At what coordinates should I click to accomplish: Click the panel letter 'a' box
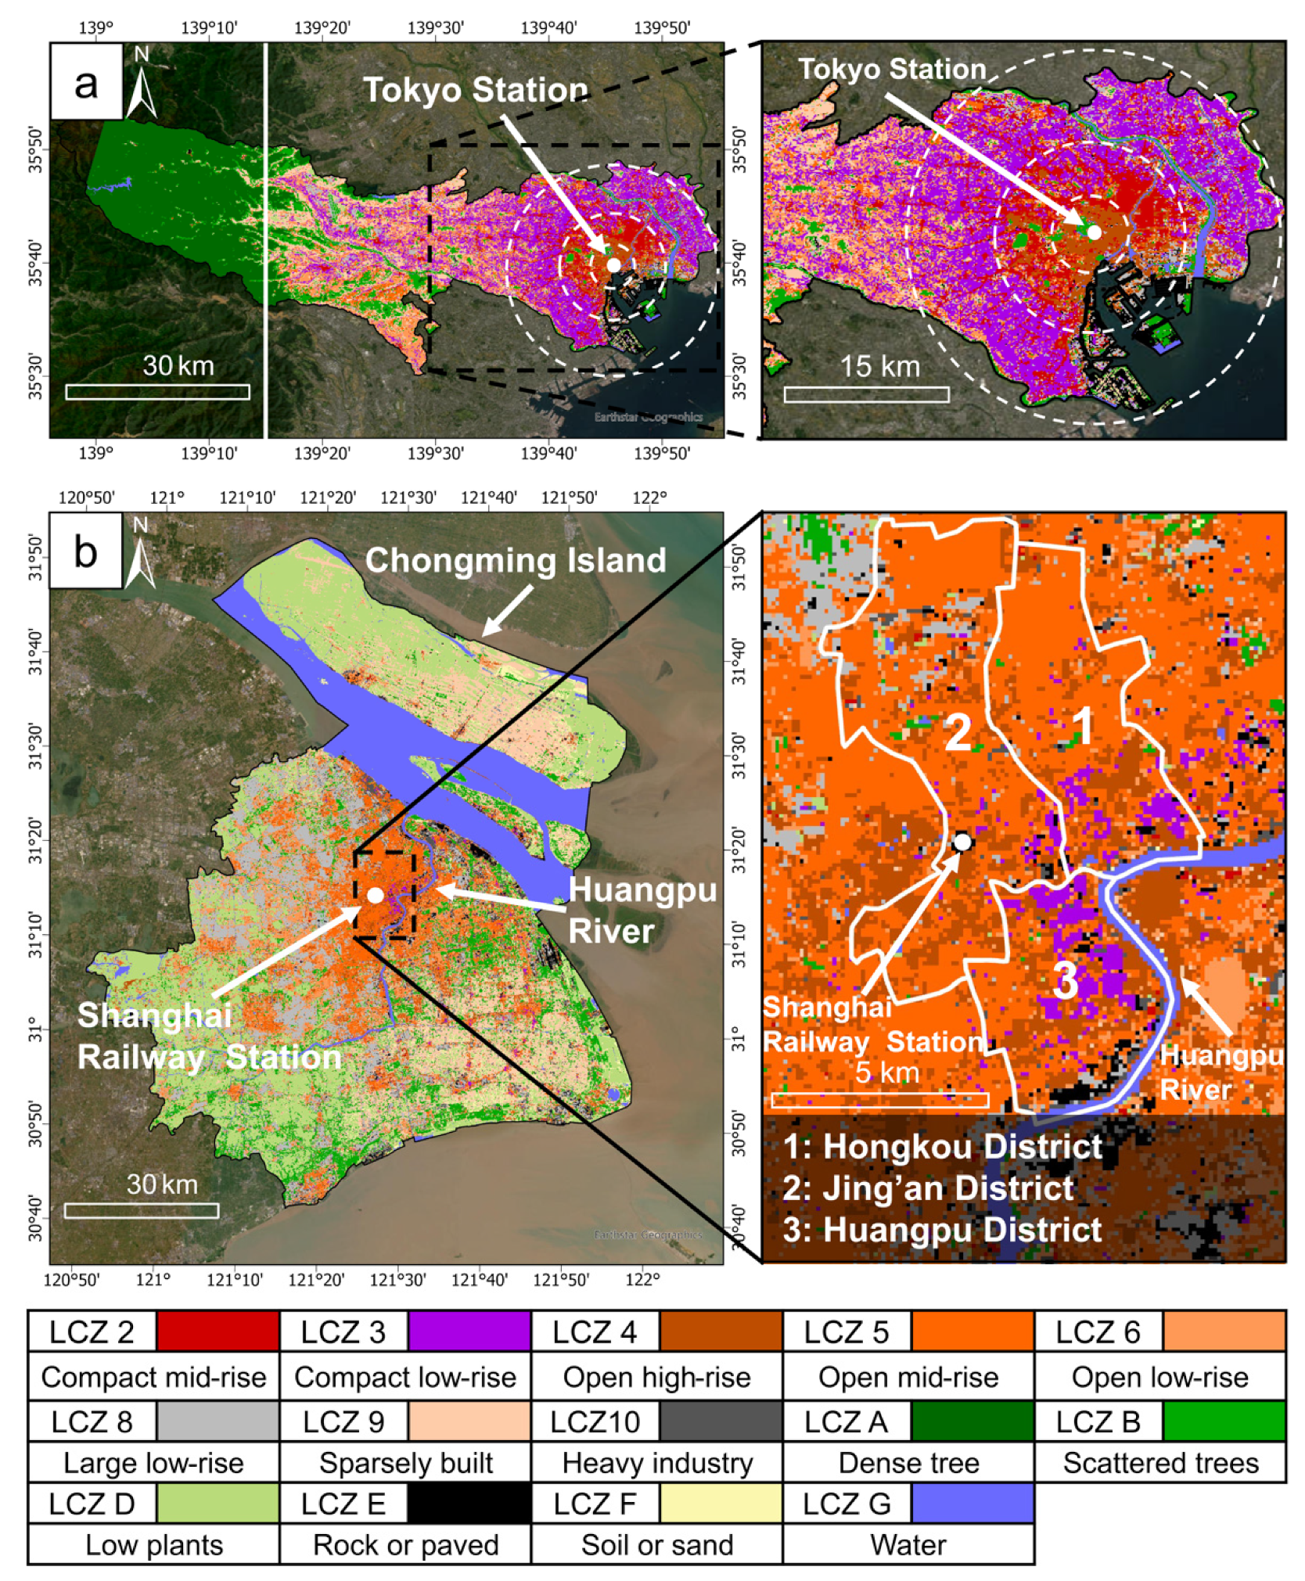[x=86, y=81]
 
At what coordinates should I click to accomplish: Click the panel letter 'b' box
[x=85, y=551]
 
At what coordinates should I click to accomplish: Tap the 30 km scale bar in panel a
[x=157, y=391]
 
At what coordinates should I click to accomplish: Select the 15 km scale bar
[x=866, y=393]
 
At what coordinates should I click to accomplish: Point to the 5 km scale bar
[x=879, y=1099]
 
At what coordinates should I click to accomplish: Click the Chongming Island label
[x=515, y=560]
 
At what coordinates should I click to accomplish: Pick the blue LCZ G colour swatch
[x=972, y=1503]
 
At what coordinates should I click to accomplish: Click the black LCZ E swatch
[x=469, y=1503]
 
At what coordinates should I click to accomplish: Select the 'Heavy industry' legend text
[x=657, y=1462]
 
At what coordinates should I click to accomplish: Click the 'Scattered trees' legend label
[x=1160, y=1462]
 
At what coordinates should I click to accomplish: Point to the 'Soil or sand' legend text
[x=657, y=1544]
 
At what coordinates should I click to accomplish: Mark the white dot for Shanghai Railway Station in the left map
[x=376, y=894]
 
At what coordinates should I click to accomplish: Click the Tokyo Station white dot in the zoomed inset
[x=1094, y=232]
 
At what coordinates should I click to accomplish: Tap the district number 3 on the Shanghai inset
[x=1065, y=979]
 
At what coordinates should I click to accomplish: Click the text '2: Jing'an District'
[x=928, y=1188]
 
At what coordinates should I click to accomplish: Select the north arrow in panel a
[x=141, y=82]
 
